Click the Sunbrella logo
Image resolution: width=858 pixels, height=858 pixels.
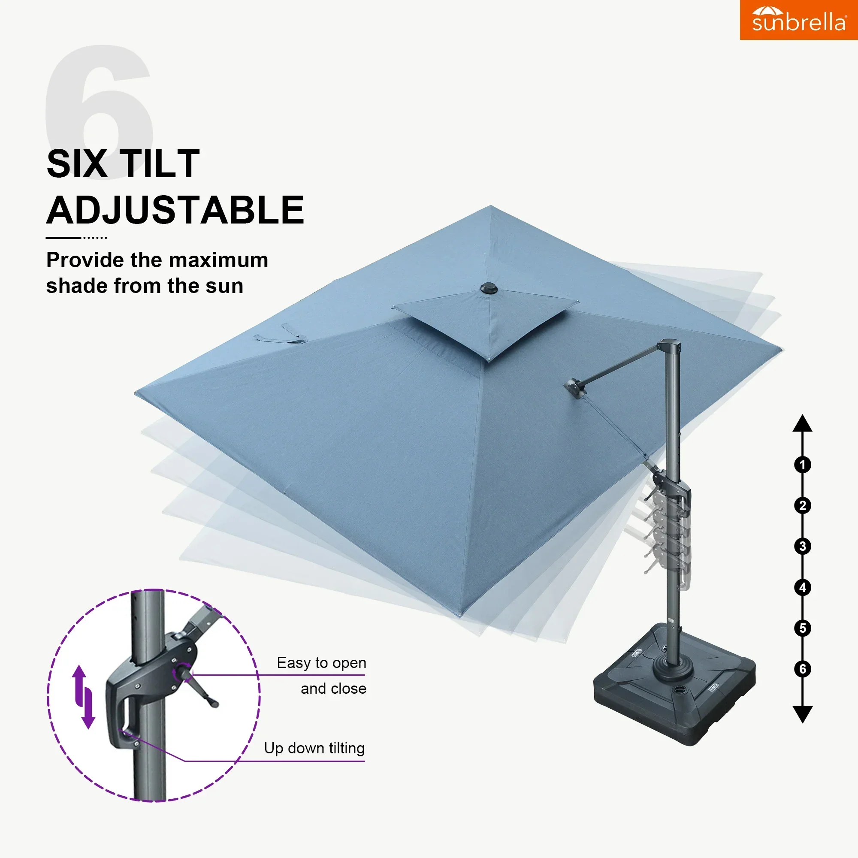click(798, 20)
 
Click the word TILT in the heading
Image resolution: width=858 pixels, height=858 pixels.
click(160, 164)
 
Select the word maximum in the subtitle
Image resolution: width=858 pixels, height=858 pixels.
click(218, 260)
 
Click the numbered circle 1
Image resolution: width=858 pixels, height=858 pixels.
click(802, 465)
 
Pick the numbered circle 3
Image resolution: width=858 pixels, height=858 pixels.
click(802, 546)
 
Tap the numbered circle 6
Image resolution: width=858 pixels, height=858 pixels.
click(802, 669)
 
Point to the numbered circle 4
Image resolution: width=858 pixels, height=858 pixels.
click(802, 588)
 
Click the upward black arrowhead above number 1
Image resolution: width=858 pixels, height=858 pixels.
click(802, 424)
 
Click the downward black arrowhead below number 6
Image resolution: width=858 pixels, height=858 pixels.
click(802, 714)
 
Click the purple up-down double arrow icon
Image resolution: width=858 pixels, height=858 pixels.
click(84, 697)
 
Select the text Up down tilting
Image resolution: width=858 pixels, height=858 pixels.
click(314, 748)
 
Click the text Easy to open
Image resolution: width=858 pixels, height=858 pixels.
click(321, 663)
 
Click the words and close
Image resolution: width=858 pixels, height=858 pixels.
click(333, 689)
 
